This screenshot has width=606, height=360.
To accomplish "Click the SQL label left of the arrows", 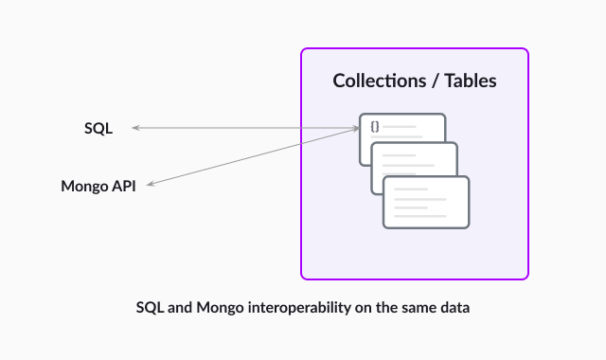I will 98,128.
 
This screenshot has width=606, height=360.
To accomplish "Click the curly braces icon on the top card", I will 375,126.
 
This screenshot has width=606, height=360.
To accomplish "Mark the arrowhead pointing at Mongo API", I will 150,186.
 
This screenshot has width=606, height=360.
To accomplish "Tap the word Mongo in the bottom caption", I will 219,308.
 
